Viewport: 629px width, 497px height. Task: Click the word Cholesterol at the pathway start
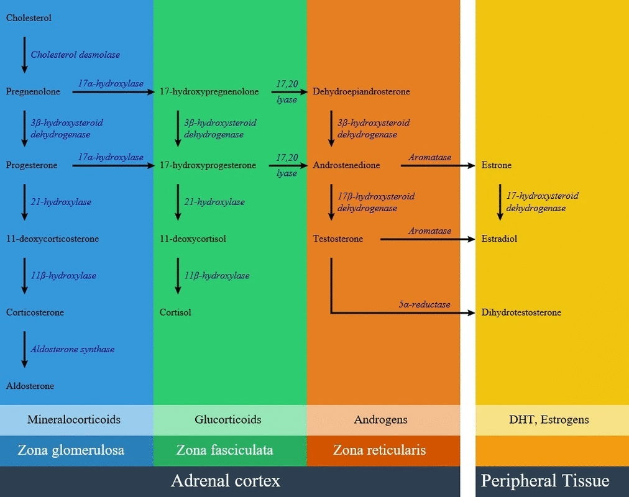point(29,18)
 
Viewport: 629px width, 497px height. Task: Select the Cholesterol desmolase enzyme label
point(75,55)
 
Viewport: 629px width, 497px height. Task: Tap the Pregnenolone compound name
point(33,92)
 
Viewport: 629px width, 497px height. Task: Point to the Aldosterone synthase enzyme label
point(73,349)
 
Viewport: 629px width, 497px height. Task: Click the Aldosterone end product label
point(30,386)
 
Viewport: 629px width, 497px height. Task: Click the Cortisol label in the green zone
point(175,312)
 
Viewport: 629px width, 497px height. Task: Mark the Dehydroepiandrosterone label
point(361,92)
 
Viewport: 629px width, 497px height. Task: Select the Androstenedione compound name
point(346,165)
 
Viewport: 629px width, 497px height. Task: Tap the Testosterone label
point(338,239)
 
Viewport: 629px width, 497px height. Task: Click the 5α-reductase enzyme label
point(425,304)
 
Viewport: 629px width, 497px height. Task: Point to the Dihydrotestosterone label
point(521,312)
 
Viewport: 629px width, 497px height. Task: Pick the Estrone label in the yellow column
point(497,165)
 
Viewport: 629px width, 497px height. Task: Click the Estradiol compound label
point(499,239)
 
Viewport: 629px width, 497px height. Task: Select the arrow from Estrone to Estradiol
point(500,202)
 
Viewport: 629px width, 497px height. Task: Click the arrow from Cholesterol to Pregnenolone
point(25,55)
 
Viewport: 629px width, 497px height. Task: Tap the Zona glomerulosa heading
point(71,450)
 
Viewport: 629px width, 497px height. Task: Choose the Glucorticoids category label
point(228,419)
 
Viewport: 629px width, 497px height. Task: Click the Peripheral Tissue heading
point(545,480)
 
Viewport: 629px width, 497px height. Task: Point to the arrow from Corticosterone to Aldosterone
point(25,349)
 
